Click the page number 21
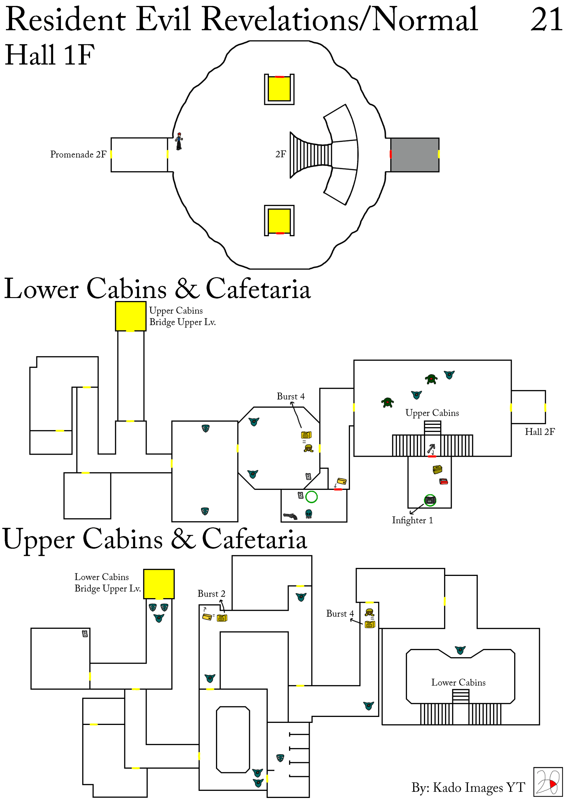(546, 20)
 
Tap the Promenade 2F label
(78, 154)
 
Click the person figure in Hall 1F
(179, 141)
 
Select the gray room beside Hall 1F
(414, 155)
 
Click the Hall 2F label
(539, 432)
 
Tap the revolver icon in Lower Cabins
(290, 516)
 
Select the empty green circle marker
(311, 497)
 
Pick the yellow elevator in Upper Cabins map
(159, 584)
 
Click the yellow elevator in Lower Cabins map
(130, 316)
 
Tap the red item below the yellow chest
(443, 481)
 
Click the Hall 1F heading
(50, 55)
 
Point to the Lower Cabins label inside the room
(458, 682)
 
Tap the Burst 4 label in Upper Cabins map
(340, 613)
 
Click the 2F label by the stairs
(280, 154)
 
